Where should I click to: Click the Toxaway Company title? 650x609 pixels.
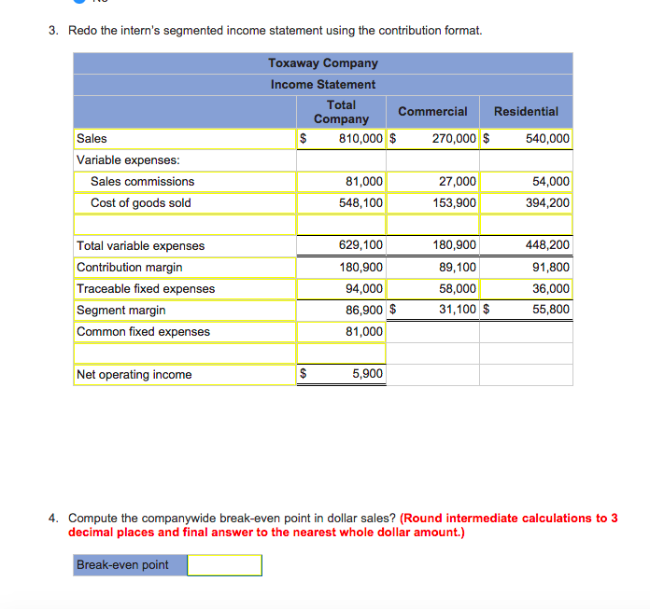pyautogui.click(x=323, y=62)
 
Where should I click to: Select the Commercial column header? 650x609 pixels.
pyautogui.click(x=432, y=111)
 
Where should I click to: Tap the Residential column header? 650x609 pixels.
pyautogui.click(x=526, y=111)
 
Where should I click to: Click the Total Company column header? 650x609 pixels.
pyautogui.click(x=341, y=111)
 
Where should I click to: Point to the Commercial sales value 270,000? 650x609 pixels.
pyautogui.click(x=454, y=139)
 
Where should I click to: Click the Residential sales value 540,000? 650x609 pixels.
pyautogui.click(x=546, y=139)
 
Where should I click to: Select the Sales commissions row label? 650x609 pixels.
pyautogui.click(x=142, y=181)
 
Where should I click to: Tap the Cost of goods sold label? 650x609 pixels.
pyautogui.click(x=140, y=202)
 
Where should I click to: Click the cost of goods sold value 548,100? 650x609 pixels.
pyautogui.click(x=360, y=202)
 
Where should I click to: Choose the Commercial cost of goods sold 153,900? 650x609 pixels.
pyautogui.click(x=454, y=202)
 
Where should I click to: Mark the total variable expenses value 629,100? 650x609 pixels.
pyautogui.click(x=360, y=245)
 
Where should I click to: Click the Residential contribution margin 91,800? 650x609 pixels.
pyautogui.click(x=551, y=267)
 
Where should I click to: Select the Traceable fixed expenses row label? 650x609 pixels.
pyautogui.click(x=146, y=288)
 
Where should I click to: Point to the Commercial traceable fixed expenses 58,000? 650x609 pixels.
pyautogui.click(x=458, y=288)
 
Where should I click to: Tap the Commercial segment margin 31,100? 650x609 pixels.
pyautogui.click(x=458, y=310)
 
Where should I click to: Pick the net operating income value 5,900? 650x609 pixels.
pyautogui.click(x=367, y=374)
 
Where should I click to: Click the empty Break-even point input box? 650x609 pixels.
pyautogui.click(x=224, y=565)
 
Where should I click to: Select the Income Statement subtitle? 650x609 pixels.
pyautogui.click(x=323, y=84)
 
